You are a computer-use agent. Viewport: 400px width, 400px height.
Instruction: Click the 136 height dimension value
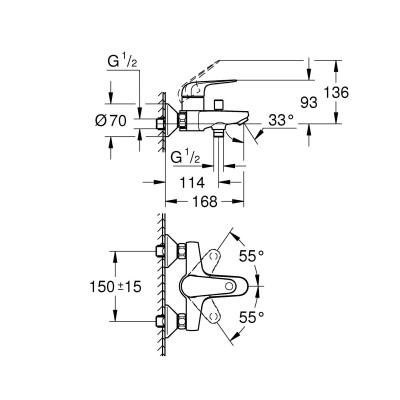click(x=337, y=92)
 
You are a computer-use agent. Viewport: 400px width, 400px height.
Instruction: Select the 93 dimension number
click(x=309, y=103)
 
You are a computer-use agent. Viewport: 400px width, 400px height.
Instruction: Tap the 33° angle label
click(x=282, y=120)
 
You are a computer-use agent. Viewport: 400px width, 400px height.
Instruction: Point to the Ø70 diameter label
click(x=111, y=121)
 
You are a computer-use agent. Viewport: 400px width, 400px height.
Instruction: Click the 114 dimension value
click(x=192, y=182)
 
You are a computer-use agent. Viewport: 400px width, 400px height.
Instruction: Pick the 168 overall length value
click(x=205, y=202)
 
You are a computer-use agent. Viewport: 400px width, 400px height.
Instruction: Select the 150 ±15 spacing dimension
click(x=115, y=287)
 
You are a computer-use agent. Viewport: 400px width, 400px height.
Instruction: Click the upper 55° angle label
click(x=252, y=256)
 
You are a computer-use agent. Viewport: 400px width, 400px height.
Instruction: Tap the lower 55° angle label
click(x=252, y=317)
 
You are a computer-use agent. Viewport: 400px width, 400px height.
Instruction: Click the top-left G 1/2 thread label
click(x=122, y=62)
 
